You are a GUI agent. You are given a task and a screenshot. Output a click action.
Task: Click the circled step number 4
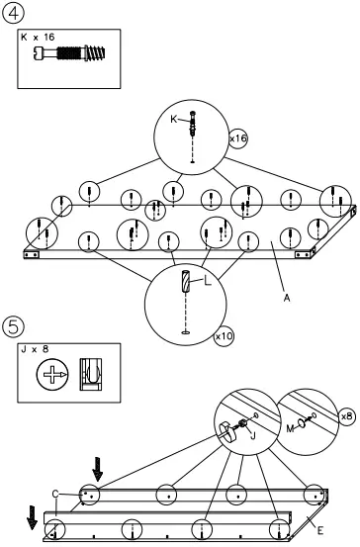13,13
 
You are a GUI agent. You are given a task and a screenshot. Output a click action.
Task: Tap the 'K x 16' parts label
37,36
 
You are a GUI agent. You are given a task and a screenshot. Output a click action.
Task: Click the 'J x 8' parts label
36,349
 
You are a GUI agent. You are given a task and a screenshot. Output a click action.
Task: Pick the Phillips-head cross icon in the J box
48,376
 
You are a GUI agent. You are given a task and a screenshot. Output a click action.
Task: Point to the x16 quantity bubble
237,139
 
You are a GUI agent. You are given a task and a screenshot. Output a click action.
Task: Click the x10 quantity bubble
225,337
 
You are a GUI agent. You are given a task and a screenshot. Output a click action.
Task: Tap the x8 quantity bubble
345,416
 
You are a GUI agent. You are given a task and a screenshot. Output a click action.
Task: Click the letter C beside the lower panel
56,492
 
